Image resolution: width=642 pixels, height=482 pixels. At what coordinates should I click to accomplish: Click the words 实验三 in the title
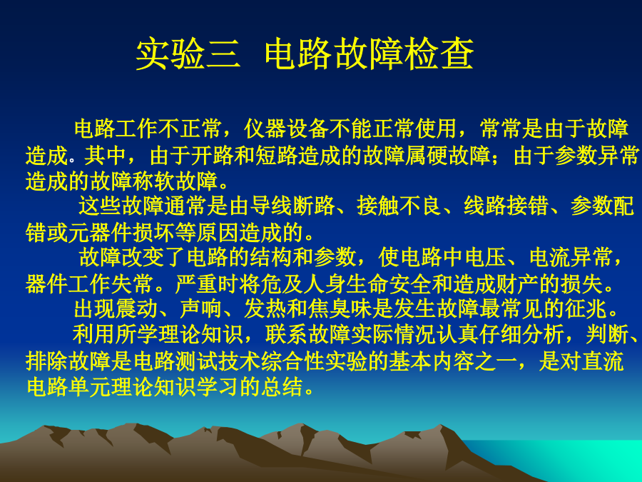pos(188,54)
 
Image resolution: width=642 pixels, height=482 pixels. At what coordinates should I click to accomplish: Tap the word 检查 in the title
pos(439,54)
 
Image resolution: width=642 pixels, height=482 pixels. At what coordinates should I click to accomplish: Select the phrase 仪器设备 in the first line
pos(287,129)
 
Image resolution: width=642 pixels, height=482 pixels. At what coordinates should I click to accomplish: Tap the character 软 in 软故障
pos(164,181)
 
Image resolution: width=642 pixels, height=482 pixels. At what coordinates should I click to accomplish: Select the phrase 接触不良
pos(399,206)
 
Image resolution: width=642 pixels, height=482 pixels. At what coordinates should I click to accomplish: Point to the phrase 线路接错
pos(506,206)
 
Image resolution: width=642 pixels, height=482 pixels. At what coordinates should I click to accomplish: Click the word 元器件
pos(101,232)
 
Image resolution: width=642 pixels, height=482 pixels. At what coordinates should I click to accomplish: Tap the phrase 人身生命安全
pos(367,284)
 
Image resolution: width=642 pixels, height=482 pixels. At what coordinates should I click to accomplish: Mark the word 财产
pos(516,284)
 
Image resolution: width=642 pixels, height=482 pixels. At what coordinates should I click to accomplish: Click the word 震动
pos(137,309)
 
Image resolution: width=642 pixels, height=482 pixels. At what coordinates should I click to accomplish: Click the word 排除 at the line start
pos(46,361)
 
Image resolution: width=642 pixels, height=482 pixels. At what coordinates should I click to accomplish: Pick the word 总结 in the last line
pos(283,387)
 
